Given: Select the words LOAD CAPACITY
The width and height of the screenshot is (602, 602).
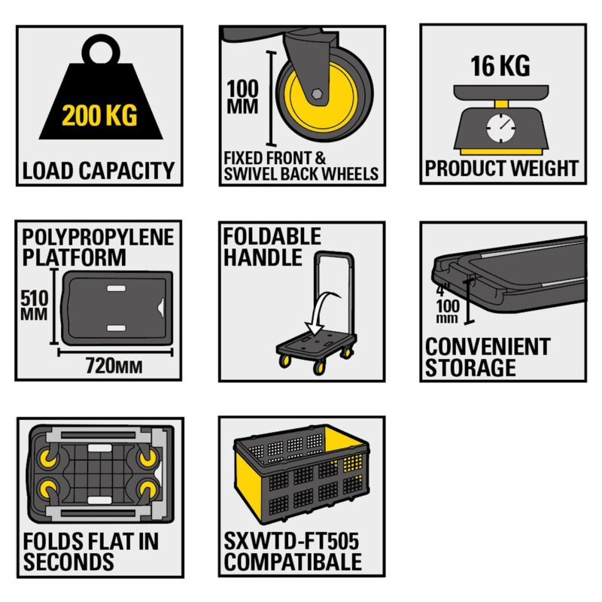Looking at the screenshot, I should pos(98,171).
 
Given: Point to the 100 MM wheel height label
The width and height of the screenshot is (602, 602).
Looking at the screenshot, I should pos(242,97).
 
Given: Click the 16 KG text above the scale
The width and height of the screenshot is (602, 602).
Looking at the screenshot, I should pos(500,65).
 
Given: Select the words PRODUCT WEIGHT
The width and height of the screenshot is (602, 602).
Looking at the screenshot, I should pos(502,168).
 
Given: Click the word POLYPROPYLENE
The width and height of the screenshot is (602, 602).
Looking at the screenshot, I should pos(98,239).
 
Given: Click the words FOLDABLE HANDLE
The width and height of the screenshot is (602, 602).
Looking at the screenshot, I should pos(272,247).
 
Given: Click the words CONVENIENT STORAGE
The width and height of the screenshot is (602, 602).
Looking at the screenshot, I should pos(487,357).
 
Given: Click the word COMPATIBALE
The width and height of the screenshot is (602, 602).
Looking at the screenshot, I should pos(293,561).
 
